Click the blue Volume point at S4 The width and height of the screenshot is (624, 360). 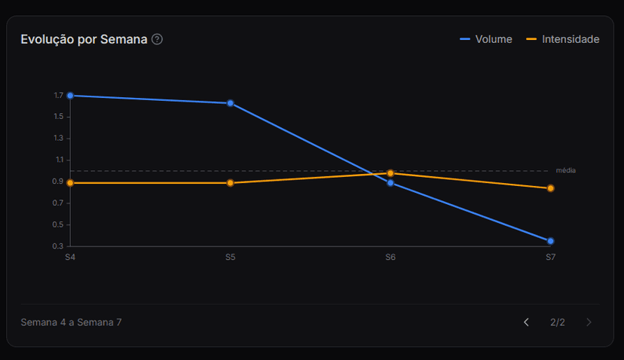click(70, 96)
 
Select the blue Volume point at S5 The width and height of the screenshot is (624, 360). click(230, 103)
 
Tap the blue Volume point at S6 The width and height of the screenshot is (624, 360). click(390, 183)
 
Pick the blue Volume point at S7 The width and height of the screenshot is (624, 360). click(551, 241)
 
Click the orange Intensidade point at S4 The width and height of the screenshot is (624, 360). click(70, 183)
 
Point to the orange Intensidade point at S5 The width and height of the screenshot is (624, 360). click(230, 183)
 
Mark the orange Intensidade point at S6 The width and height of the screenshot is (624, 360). click(390, 173)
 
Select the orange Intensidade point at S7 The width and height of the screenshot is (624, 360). click(551, 188)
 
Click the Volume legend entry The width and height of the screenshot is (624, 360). click(486, 39)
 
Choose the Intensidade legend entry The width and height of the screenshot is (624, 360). click(563, 39)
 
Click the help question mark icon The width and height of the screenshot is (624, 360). click(157, 39)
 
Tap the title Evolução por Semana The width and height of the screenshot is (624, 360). click(84, 39)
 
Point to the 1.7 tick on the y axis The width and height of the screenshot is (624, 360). click(59, 96)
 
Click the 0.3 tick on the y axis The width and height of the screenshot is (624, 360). click(59, 246)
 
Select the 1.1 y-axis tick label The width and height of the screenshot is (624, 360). click(59, 160)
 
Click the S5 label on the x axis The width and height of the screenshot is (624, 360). click(230, 258)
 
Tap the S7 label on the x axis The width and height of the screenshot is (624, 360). click(551, 258)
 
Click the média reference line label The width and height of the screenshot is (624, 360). click(566, 170)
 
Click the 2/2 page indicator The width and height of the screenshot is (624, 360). click(558, 322)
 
